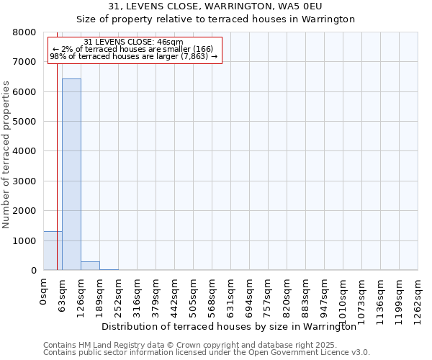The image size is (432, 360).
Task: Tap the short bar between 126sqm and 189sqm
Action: coord(90,266)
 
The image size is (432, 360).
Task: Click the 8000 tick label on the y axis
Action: coord(25,32)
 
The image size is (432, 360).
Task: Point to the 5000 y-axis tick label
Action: coord(25,122)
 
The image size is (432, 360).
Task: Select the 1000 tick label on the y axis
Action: coord(25,240)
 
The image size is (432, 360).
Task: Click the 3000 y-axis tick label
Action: coord(25,181)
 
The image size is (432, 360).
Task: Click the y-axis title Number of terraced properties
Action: coord(6,155)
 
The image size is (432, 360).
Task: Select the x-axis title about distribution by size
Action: coord(229,326)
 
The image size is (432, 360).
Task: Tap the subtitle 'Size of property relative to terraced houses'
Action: coord(215,19)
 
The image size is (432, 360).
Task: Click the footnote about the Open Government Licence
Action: coord(207,353)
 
